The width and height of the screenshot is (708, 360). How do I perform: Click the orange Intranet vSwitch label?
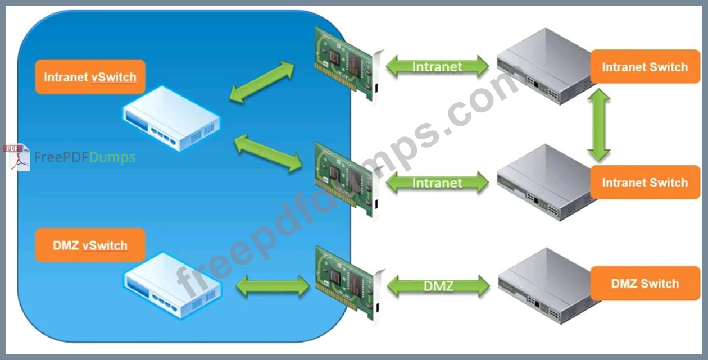point(90,77)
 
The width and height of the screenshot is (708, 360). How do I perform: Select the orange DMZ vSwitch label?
point(90,245)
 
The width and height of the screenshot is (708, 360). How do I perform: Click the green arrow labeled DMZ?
point(438,286)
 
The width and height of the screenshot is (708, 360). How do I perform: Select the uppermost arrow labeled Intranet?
point(437,67)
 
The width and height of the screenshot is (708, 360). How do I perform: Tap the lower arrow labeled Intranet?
point(437,183)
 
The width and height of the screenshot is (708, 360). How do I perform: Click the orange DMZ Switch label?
point(645,283)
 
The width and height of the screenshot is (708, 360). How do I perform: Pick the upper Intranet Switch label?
point(645,67)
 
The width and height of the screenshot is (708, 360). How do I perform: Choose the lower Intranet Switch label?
point(645,183)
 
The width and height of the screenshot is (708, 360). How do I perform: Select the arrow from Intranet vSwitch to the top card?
point(262,82)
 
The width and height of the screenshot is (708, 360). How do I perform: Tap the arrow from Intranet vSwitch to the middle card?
point(268,153)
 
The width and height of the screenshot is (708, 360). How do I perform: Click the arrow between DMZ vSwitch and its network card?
point(273,286)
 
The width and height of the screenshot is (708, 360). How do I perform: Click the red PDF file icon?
point(16,157)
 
